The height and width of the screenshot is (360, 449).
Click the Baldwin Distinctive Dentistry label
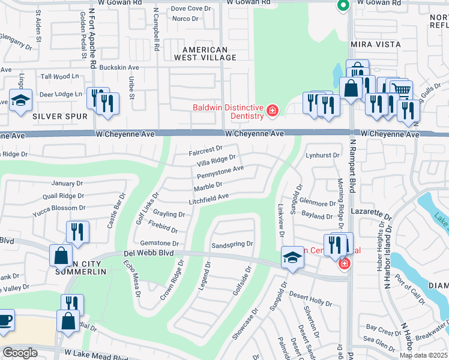pos(228,112)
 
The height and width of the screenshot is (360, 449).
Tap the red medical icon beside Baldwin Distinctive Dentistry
pos(272,110)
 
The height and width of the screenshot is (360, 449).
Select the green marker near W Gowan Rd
pos(343,6)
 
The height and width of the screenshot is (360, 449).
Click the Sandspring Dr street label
pos(233,245)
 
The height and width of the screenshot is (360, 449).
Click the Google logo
pos(20,353)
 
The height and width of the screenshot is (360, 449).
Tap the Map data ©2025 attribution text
pos(423,355)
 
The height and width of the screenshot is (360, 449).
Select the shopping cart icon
pos(402,89)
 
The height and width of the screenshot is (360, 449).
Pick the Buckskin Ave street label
pos(119,67)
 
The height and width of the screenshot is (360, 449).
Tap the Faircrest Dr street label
pos(206,148)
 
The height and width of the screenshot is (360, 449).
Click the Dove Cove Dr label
pos(192,8)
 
